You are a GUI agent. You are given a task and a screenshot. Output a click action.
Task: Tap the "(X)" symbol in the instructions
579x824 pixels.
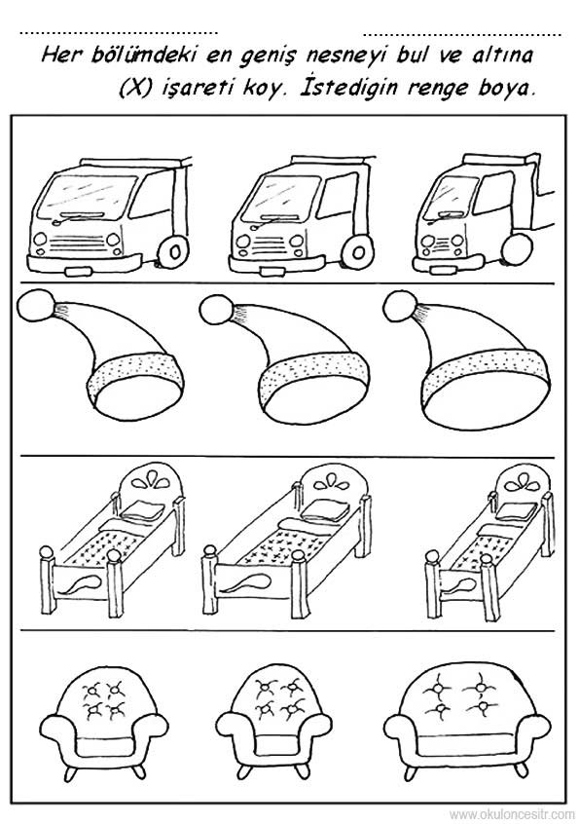pyautogui.click(x=135, y=88)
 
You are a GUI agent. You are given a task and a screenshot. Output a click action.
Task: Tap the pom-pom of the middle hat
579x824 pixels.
pyautogui.click(x=219, y=309)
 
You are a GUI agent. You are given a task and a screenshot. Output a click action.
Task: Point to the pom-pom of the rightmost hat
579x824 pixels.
pyautogui.click(x=401, y=307)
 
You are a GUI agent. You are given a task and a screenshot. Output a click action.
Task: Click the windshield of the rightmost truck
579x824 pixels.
pyautogui.click(x=452, y=196)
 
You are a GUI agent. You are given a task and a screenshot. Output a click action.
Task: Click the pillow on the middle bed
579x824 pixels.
pyautogui.click(x=325, y=510)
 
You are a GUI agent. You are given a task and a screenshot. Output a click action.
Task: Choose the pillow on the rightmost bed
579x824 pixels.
pyautogui.click(x=516, y=510)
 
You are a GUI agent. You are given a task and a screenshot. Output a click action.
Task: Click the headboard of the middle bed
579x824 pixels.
pyautogui.click(x=333, y=483)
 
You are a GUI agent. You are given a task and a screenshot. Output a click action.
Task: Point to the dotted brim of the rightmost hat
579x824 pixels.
pyautogui.click(x=486, y=370)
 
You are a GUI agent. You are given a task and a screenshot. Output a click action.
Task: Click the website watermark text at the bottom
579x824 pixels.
pyautogui.click(x=512, y=814)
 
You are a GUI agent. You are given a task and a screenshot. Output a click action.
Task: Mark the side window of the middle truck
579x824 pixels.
pyautogui.click(x=335, y=196)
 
